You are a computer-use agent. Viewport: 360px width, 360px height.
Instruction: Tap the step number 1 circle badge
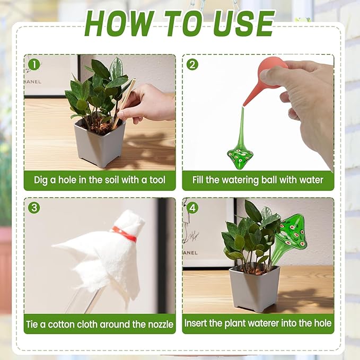34,65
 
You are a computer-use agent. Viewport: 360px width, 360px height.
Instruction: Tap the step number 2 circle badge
192,65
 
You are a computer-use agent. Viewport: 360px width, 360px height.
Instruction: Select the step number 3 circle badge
34,208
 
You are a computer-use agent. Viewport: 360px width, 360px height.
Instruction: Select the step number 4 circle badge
192,208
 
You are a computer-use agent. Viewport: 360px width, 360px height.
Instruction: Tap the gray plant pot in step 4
254,289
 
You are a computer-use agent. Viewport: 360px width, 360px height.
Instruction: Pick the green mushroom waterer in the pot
290,233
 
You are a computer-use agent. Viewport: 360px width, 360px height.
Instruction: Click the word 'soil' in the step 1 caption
101,180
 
